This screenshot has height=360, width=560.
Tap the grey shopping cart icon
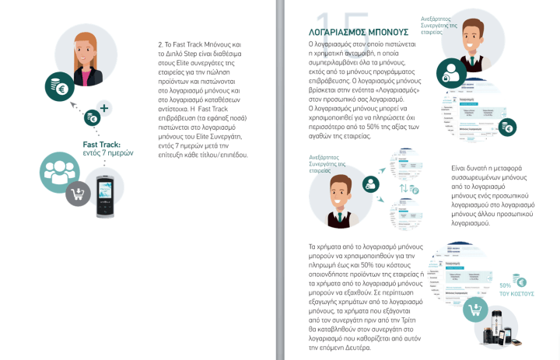pyautogui.click(x=78, y=193)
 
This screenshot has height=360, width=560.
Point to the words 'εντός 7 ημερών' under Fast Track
pyautogui.click(x=108, y=153)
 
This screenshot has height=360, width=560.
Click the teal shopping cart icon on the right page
pyautogui.click(x=478, y=312)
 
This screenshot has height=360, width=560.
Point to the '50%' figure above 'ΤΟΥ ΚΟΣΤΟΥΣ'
pyautogui.click(x=506, y=286)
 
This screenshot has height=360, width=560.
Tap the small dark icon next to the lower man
pyautogui.click(x=371, y=184)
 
